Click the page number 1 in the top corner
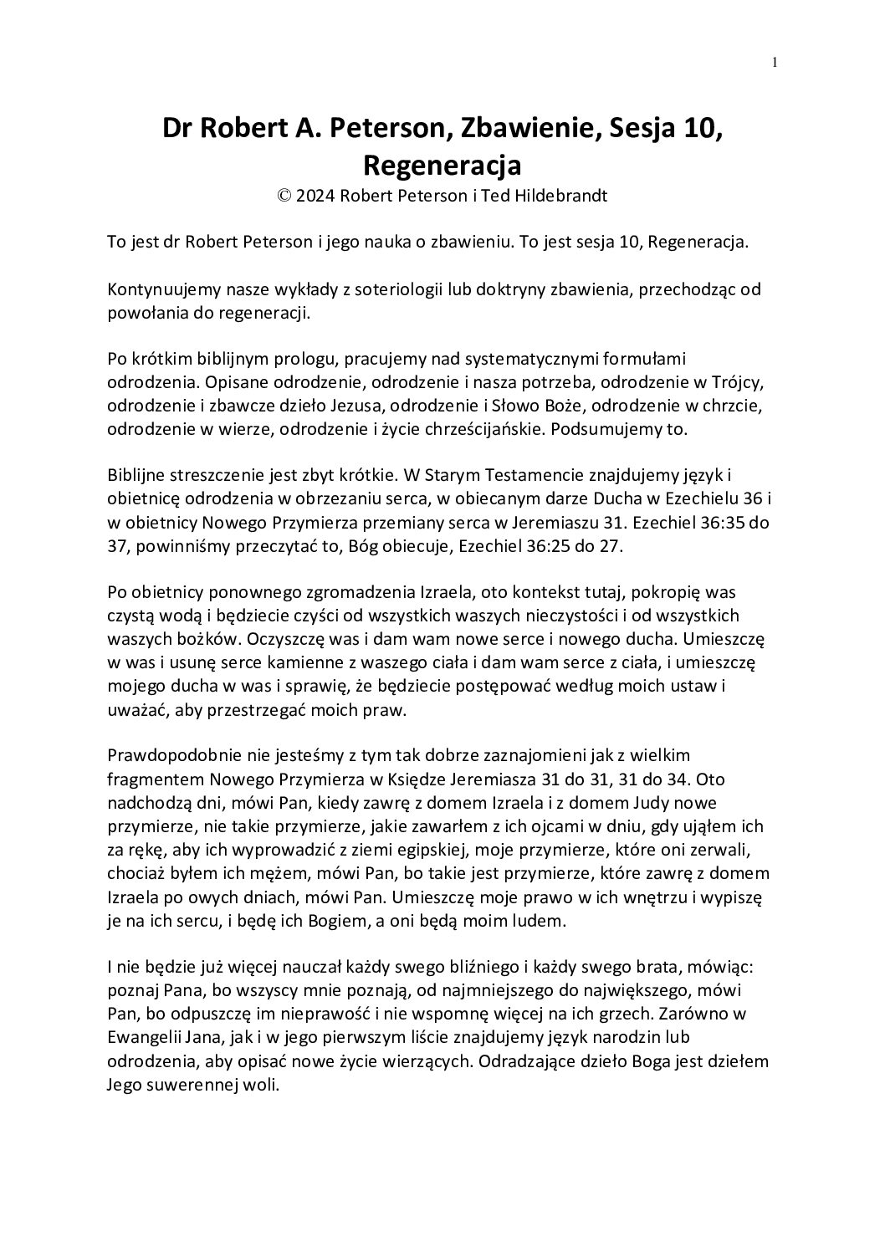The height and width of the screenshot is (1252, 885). [x=776, y=62]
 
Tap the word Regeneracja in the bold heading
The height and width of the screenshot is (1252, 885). [x=442, y=165]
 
